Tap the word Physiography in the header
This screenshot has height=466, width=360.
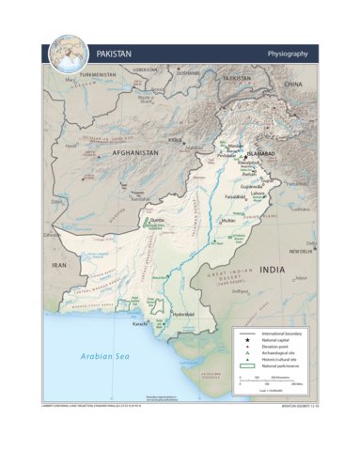[288, 54]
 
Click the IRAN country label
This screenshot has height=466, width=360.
[60, 266]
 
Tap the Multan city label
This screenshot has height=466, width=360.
[227, 220]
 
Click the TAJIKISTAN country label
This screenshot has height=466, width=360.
[241, 80]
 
